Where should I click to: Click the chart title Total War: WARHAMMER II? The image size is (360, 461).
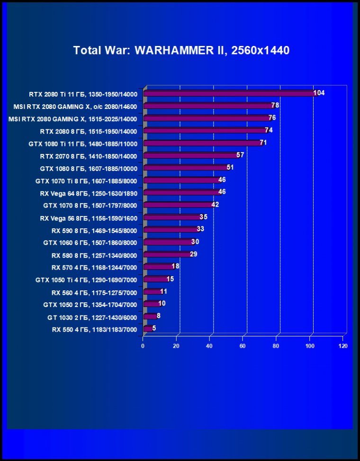[x=181, y=50]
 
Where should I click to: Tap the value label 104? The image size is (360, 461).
[x=319, y=93]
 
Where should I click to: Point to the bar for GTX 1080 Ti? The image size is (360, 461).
[x=202, y=143]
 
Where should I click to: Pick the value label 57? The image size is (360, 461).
[x=240, y=155]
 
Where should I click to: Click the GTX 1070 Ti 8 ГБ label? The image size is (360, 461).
[x=86, y=181]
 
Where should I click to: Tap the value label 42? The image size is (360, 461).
[x=215, y=205]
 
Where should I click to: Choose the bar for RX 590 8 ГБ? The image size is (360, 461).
[x=170, y=229]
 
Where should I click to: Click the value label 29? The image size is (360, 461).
[x=193, y=254]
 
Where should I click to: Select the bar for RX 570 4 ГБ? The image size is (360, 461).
[x=158, y=267]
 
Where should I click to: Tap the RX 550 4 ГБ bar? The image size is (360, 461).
[x=147, y=328]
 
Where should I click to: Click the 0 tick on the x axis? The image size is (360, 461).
[x=143, y=346]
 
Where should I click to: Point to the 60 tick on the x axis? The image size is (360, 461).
[x=243, y=346]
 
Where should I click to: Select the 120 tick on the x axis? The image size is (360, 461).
[x=343, y=346]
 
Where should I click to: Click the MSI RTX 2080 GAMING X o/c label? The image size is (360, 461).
[x=75, y=106]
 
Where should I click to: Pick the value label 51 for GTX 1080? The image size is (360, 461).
[x=230, y=167]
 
